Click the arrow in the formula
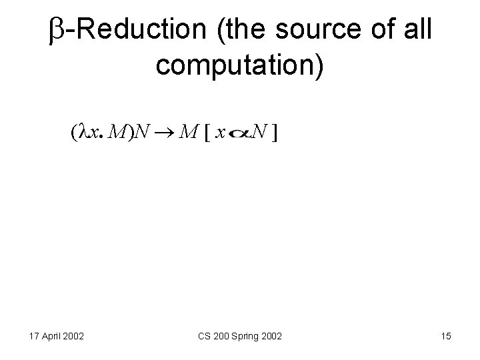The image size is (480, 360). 166,133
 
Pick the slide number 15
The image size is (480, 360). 446,337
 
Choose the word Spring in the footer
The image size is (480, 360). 241,337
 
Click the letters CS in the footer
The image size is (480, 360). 204,337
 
